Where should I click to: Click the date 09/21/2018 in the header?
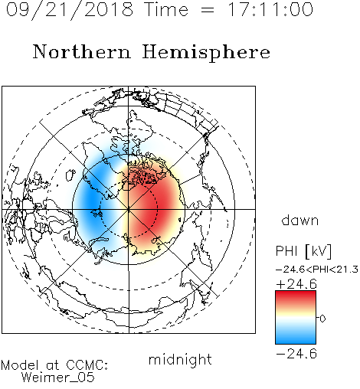coord(70,10)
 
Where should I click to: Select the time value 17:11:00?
coord(270,9)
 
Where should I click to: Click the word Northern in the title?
coord(82,51)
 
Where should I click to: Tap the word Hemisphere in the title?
coord(206,52)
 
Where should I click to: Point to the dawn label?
coord(300,221)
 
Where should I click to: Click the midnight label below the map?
coord(180,359)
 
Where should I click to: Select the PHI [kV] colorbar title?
coord(303,251)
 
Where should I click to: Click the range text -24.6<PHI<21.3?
coord(317,270)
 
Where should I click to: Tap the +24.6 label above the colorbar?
coord(296,284)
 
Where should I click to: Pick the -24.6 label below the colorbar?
coord(296,354)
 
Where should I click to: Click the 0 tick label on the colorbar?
coord(322,319)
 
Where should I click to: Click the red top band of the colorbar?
coord(296,296)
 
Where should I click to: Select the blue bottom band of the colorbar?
coord(296,338)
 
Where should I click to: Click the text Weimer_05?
coord(58,378)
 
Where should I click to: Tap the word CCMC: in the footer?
coord(87,365)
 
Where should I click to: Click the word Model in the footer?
coord(20,365)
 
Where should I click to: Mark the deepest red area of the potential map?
coord(153,209)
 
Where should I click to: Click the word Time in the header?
coord(166,9)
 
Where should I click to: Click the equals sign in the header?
coord(208,11)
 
